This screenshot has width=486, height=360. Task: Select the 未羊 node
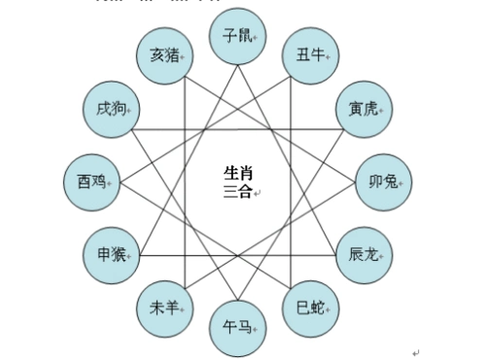(x=163, y=307)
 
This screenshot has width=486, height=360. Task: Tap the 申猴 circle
(x=109, y=255)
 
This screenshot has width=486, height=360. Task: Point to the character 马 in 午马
(x=244, y=328)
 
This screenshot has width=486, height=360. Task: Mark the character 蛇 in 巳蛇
(x=316, y=307)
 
